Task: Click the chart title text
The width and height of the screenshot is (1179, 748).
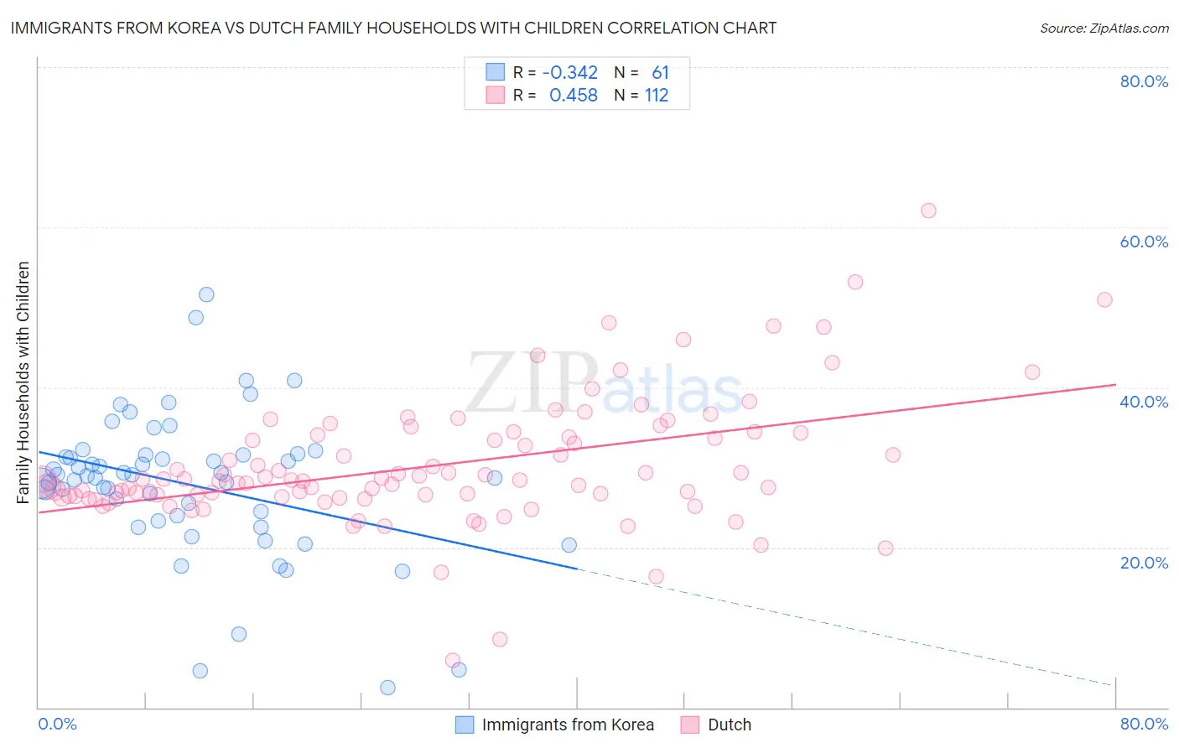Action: [393, 28]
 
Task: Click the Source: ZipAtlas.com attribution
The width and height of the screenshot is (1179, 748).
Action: [1104, 28]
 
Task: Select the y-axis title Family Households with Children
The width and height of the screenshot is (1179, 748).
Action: [23, 382]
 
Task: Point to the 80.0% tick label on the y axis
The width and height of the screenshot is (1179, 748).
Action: [1144, 81]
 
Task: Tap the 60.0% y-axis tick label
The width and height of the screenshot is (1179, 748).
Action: [1144, 242]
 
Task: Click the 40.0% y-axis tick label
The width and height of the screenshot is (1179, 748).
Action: [1144, 402]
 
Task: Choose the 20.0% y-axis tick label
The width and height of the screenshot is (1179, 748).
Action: [1144, 562]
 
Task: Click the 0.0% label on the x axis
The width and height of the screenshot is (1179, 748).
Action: [57, 724]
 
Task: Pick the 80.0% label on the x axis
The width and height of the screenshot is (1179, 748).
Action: [1144, 724]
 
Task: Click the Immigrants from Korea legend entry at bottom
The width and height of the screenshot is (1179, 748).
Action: [567, 725]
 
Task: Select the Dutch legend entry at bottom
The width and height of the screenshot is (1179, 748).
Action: [729, 725]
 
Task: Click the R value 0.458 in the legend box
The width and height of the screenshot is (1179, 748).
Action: [574, 96]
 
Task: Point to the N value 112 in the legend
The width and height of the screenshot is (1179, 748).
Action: [657, 96]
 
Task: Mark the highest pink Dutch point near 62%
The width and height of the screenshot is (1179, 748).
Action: [928, 210]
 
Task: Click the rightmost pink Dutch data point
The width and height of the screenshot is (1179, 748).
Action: [1104, 300]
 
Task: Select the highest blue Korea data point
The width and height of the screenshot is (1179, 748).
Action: [206, 294]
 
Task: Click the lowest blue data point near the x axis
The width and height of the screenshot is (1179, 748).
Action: [387, 688]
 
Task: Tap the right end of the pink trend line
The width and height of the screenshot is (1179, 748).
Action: [1115, 384]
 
